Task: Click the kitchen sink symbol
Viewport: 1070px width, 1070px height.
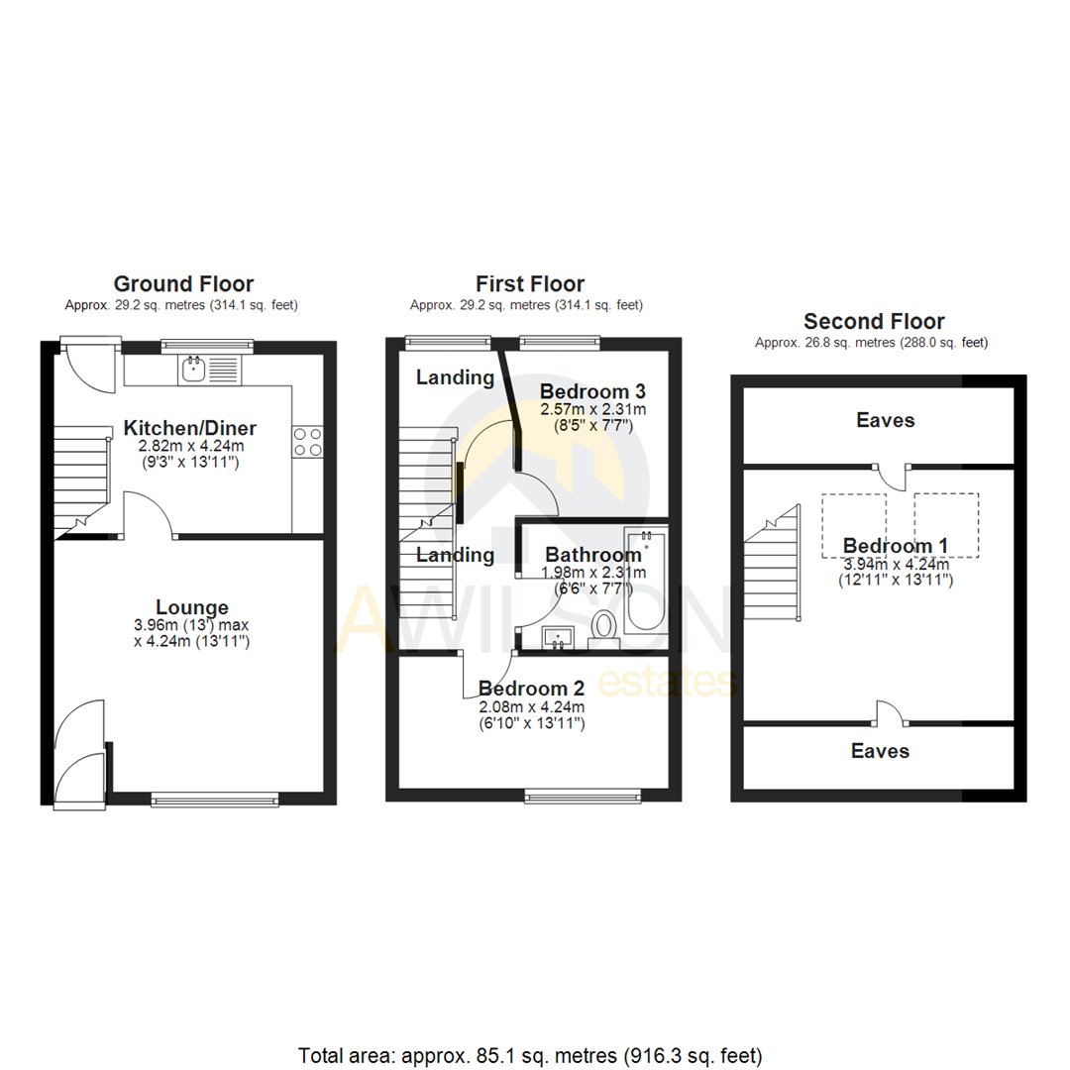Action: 193,372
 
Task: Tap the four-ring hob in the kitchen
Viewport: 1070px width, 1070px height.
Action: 307,441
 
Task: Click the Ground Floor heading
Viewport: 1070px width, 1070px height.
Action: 183,284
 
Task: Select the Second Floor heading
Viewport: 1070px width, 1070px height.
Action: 873,321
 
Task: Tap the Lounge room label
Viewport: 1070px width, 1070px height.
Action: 192,607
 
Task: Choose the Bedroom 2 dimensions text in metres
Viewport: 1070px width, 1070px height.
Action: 531,706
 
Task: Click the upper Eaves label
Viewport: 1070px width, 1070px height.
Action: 885,420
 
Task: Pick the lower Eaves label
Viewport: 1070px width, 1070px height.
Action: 880,751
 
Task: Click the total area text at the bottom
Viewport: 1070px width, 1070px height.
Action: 530,1054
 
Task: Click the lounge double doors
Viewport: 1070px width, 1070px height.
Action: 79,753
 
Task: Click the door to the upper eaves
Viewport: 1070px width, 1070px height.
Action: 895,475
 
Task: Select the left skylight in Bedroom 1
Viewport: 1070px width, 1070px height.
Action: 855,525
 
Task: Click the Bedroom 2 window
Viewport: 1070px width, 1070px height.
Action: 583,795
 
